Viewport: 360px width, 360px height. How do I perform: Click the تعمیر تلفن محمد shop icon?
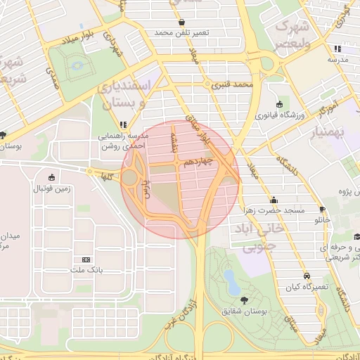click(x=182, y=22)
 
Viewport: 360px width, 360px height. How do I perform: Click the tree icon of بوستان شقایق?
click(x=244, y=300)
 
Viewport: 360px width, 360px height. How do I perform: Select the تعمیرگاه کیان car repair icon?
click(x=307, y=276)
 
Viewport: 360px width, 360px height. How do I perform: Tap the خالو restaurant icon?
click(x=322, y=210)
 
